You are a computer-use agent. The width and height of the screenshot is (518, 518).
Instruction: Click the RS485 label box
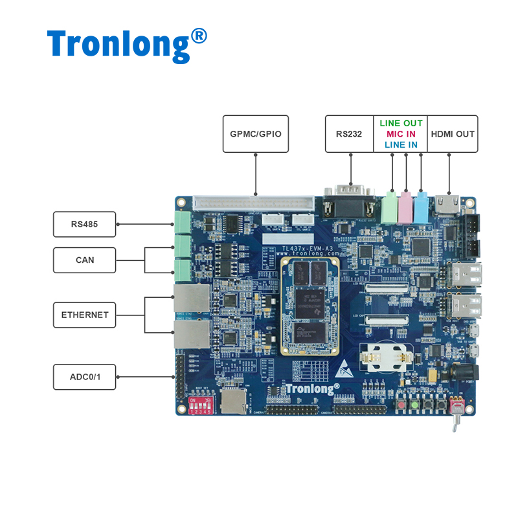coord(84,224)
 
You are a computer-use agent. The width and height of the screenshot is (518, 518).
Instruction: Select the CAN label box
coord(84,260)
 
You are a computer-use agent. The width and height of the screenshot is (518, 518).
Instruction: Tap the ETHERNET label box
coord(84,315)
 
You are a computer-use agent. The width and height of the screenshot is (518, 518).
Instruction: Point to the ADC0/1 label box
coord(84,377)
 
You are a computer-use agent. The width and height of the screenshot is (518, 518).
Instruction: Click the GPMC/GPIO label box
coord(255,134)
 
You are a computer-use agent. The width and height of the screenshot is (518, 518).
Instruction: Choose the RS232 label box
coord(349,134)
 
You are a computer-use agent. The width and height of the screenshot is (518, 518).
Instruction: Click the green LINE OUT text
coord(401,123)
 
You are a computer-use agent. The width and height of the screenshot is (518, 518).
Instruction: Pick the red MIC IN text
coord(401,134)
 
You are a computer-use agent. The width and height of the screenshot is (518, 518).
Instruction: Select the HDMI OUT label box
coord(453,134)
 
